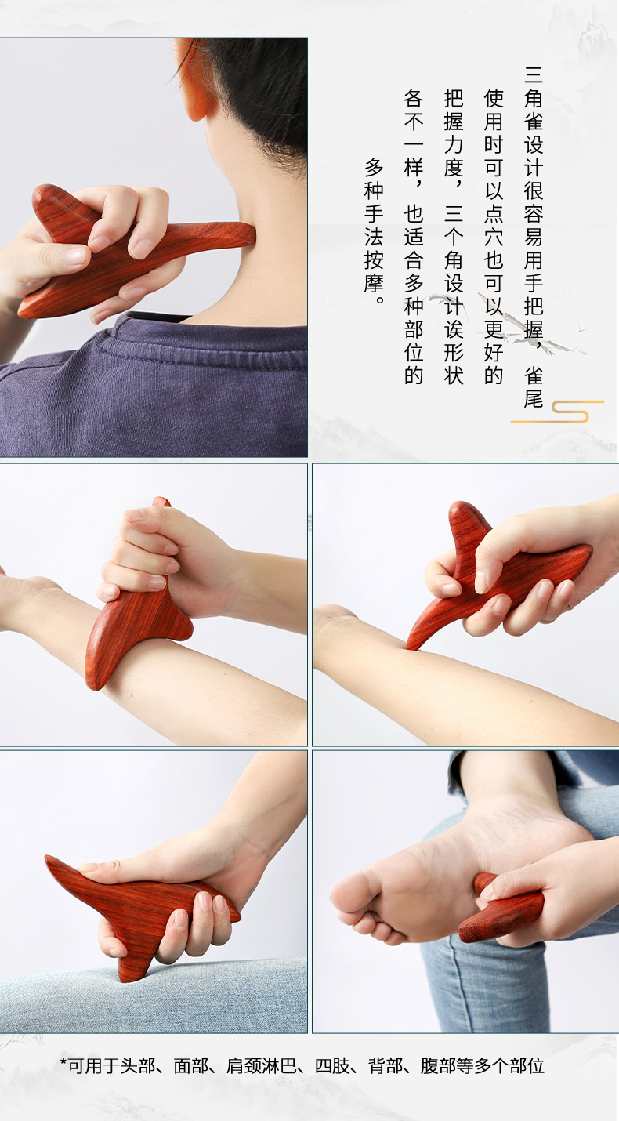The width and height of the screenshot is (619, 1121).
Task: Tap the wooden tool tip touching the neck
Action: (249, 234)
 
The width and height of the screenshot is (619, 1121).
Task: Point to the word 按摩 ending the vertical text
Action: (374, 271)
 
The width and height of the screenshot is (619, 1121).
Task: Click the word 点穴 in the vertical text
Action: (494, 225)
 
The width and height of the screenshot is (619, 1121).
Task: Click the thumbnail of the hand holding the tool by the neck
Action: (75, 256)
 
